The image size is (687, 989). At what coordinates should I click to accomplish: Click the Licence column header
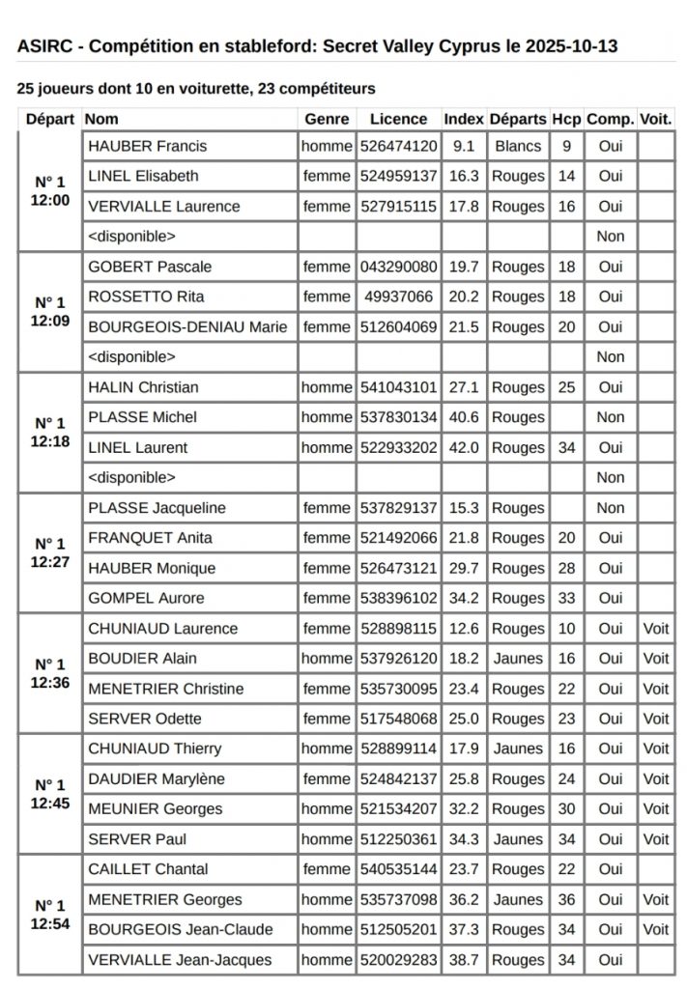[x=398, y=119]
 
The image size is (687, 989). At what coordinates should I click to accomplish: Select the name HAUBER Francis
[x=147, y=147]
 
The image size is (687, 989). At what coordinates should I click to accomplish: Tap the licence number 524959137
[x=398, y=177]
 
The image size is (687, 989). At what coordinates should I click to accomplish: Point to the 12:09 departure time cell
[x=50, y=312]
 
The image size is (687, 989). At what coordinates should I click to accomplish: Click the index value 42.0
[x=464, y=448]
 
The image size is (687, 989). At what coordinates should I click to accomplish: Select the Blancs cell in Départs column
[x=518, y=147]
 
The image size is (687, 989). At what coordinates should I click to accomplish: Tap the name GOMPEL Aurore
[x=148, y=599]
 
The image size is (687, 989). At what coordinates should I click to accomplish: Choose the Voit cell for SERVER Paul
[x=656, y=839]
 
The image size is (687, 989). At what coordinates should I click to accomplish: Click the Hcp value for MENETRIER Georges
[x=566, y=900]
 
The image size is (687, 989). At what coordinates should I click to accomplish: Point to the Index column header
[x=464, y=119]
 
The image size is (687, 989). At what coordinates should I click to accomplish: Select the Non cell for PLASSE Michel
[x=611, y=417]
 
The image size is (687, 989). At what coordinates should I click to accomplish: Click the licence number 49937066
[x=398, y=297]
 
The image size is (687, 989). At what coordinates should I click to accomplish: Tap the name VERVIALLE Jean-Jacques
[x=180, y=960]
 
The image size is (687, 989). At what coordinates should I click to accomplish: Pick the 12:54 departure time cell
[x=50, y=915]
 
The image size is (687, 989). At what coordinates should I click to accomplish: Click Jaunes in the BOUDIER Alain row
[x=518, y=659]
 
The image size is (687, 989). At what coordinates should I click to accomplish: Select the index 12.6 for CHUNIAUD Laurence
[x=464, y=629]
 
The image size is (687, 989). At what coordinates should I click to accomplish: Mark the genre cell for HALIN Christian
[x=327, y=387]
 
